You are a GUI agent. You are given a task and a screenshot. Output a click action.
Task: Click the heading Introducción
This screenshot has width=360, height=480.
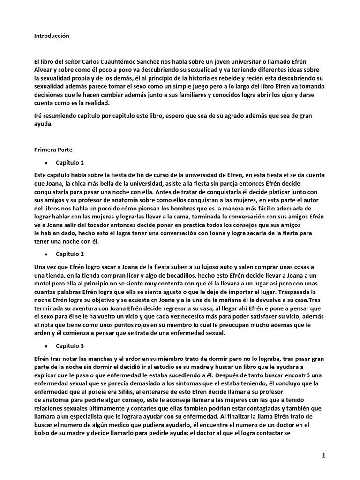[52, 35]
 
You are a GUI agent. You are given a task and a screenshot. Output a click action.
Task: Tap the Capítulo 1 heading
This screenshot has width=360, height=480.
[70, 163]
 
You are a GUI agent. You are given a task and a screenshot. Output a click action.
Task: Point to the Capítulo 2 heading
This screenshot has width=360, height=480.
[70, 254]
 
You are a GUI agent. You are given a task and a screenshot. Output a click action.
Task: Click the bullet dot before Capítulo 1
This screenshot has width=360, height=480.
[46, 164]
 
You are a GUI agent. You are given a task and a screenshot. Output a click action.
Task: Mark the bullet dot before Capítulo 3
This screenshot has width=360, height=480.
[46, 346]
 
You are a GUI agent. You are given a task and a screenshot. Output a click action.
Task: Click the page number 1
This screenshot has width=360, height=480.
[323, 455]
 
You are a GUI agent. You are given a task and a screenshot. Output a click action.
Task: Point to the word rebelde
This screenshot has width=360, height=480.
[223, 79]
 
